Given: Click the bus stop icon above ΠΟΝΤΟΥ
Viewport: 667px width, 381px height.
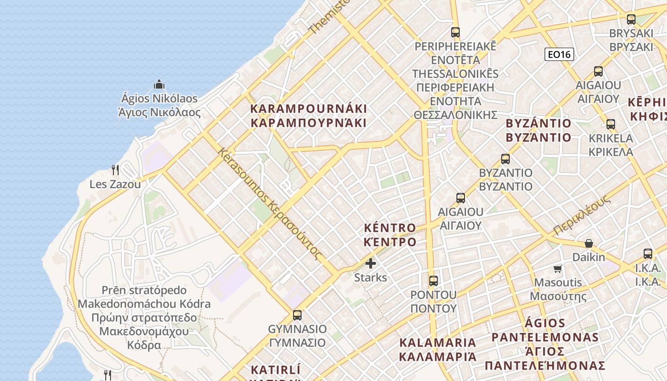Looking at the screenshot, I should (x=433, y=281).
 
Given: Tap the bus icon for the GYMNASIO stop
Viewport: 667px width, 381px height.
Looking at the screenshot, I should (x=297, y=315).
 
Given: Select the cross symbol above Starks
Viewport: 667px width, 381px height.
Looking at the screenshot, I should (x=371, y=263).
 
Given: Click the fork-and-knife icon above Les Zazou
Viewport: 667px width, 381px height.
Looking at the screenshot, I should (x=115, y=170).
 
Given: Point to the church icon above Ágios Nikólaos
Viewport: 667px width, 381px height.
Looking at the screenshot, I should (x=159, y=84).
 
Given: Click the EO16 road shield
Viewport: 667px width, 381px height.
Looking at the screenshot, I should (x=559, y=54).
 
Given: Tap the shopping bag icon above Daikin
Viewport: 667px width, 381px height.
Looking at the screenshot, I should (x=589, y=243).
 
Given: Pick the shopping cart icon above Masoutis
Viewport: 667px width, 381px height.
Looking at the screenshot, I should (x=558, y=269).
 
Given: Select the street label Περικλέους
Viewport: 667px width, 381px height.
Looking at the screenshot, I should (x=582, y=214).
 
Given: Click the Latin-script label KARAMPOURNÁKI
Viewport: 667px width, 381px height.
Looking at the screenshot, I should (x=309, y=109).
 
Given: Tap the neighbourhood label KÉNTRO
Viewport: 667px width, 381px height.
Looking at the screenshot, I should (x=390, y=227).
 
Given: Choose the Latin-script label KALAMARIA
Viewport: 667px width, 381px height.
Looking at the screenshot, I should (x=438, y=342).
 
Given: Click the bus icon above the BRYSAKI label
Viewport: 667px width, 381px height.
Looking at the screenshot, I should (x=631, y=20).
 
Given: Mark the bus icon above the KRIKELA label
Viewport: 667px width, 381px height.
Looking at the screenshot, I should (x=611, y=124).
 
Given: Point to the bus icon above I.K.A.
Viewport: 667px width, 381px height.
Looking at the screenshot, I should (x=648, y=253).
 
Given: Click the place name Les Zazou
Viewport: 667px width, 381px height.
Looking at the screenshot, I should (x=115, y=184).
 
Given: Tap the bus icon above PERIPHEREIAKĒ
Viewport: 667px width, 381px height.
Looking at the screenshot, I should (x=455, y=32).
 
